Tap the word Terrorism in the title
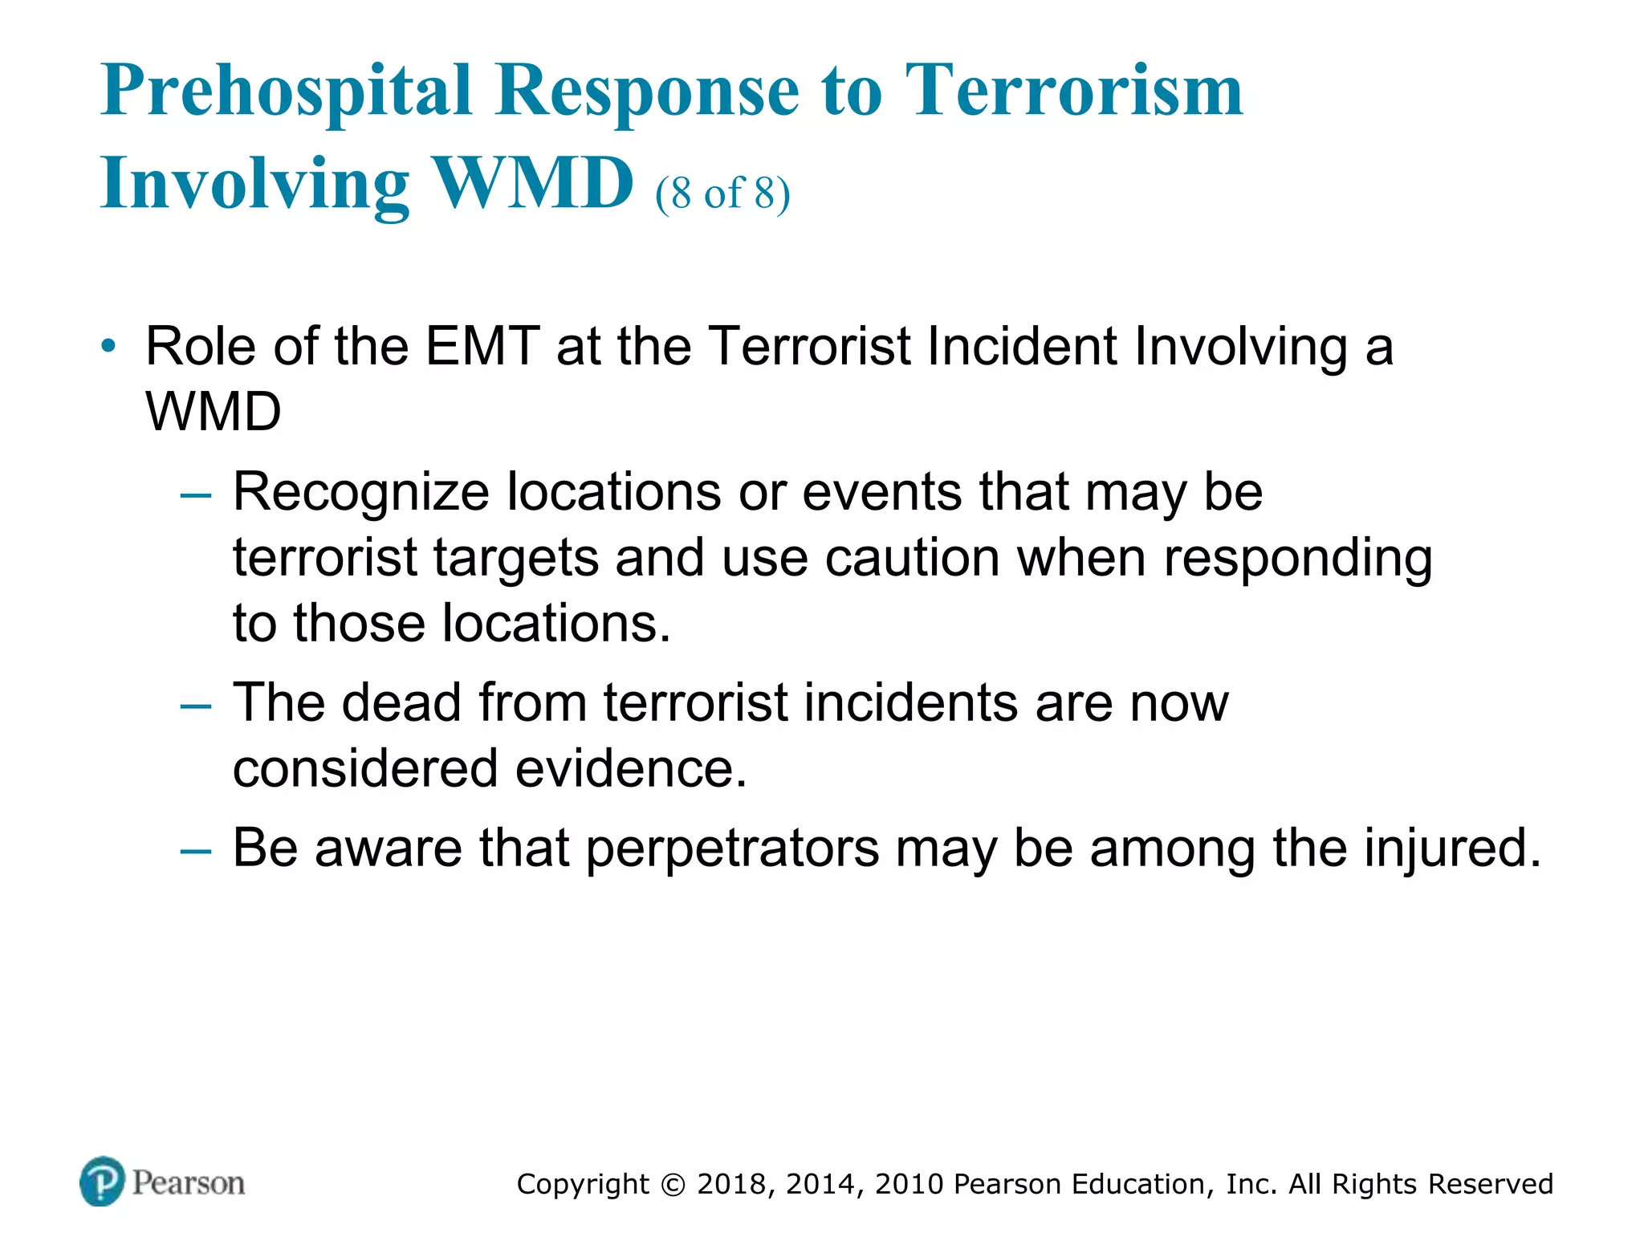1073,90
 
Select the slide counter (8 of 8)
722,193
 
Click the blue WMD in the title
533,183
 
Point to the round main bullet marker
108,348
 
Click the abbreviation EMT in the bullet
482,347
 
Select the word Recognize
360,492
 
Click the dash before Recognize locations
195,494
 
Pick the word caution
912,558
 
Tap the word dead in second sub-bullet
401,702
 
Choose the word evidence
631,768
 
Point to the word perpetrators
732,849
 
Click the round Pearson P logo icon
103,1181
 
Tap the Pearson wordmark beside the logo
189,1182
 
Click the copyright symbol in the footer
673,1185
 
